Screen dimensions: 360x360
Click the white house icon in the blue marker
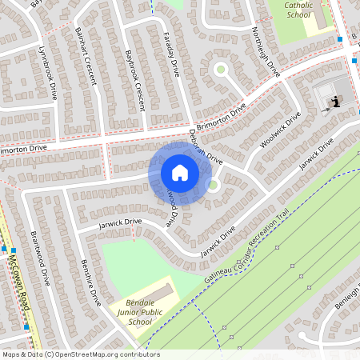(179, 173)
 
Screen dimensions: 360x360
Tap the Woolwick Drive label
(280, 130)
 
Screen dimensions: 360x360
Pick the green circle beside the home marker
(213, 186)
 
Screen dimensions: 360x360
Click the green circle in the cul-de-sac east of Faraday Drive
(220, 70)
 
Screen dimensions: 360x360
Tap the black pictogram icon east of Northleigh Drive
(337, 101)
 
